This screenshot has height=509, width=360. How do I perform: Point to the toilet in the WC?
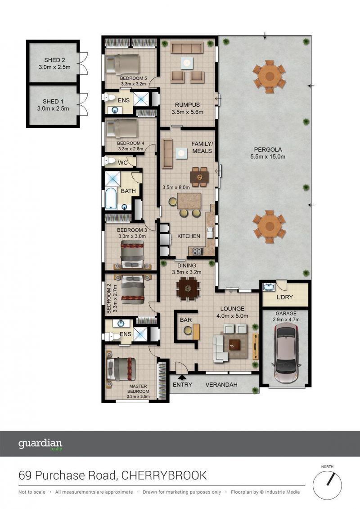(x=108, y=160)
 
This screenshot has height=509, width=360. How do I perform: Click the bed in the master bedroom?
(x=120, y=369)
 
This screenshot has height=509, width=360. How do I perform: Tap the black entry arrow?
(x=182, y=377)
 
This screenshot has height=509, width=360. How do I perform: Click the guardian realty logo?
(x=40, y=444)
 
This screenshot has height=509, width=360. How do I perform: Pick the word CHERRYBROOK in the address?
(x=164, y=476)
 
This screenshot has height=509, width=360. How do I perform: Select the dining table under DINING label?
(x=188, y=288)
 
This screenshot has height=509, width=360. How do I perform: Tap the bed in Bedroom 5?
(x=123, y=64)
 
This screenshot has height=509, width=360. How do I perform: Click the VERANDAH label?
(x=221, y=385)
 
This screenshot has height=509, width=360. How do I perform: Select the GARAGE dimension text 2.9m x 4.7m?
(x=286, y=320)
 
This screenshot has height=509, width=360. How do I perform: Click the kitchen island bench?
(x=189, y=201)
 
